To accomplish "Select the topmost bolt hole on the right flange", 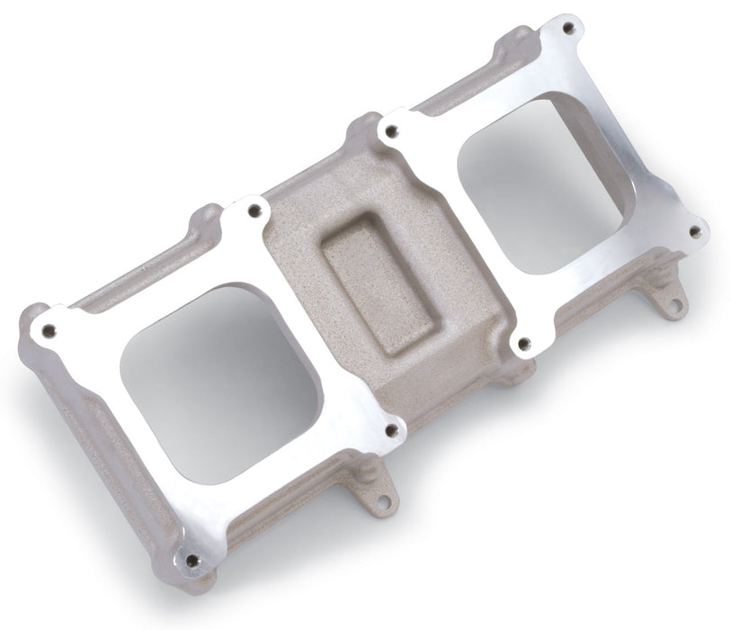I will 566,28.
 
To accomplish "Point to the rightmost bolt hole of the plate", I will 694,231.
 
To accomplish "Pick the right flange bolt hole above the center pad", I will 390,131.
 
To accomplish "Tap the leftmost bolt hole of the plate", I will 49,329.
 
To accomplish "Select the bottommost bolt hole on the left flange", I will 192,560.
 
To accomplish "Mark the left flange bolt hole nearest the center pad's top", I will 254,211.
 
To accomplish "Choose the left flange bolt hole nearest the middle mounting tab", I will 391,430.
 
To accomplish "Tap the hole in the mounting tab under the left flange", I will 383,498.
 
